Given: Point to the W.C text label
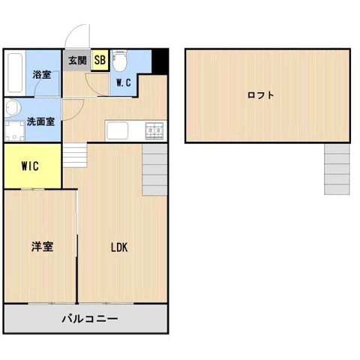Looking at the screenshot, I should click(124, 83).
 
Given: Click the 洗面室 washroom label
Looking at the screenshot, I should click(40, 121).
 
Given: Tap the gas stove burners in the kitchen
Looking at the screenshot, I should click(155, 130).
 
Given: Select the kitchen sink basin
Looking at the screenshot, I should click(121, 131).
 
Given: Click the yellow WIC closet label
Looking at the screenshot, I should click(30, 166).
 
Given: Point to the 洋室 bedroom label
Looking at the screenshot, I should click(41, 245).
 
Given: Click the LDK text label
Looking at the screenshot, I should click(120, 247).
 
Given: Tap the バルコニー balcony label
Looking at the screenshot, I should click(89, 319).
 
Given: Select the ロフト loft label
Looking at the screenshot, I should click(260, 95).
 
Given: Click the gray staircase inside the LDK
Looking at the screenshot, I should click(153, 169).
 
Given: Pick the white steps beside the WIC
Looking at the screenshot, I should click(75, 156).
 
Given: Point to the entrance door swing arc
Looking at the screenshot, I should click(76, 35).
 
